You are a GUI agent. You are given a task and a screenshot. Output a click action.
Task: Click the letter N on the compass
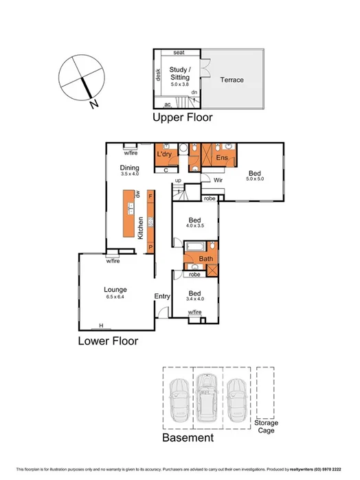click(x=93, y=104)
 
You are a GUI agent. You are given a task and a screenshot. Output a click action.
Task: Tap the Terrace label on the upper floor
click(x=232, y=80)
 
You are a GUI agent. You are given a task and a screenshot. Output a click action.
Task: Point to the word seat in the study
click(x=178, y=53)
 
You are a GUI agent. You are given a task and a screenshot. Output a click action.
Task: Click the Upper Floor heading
click(x=182, y=117)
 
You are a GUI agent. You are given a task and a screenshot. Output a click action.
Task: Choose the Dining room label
click(x=130, y=168)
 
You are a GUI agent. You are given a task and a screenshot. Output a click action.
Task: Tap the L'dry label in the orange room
click(x=164, y=155)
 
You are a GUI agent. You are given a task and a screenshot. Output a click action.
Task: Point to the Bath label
click(x=205, y=259)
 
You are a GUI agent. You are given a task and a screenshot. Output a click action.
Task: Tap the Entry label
click(x=162, y=296)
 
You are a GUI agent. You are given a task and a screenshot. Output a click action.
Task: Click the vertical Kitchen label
click(x=141, y=227)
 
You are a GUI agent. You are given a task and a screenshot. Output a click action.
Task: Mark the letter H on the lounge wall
click(x=101, y=325)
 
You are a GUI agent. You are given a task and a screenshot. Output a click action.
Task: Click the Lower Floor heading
click(x=108, y=341)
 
